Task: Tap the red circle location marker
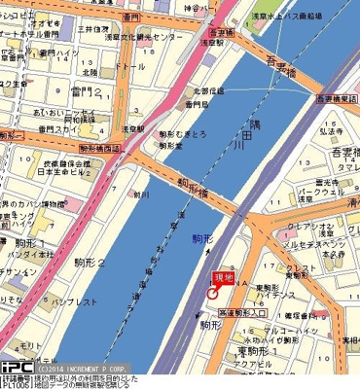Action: pos(212,295)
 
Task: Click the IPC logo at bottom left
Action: pos(17,369)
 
